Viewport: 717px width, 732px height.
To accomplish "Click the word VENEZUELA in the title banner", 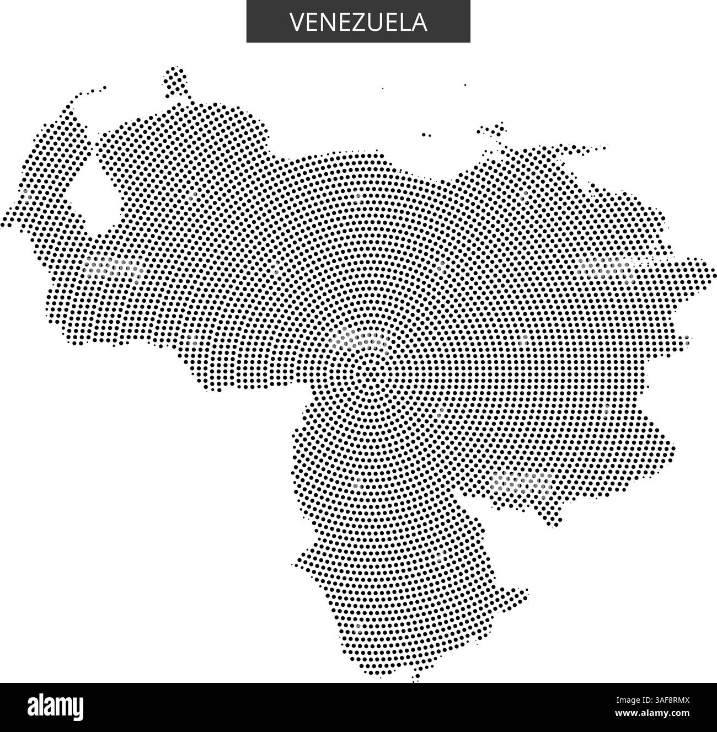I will tap(358, 22).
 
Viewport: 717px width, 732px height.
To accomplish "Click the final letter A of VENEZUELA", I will tap(420, 22).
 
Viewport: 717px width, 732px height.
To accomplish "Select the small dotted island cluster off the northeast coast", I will tap(493, 131).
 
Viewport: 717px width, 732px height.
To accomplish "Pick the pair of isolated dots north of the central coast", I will tap(426, 134).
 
